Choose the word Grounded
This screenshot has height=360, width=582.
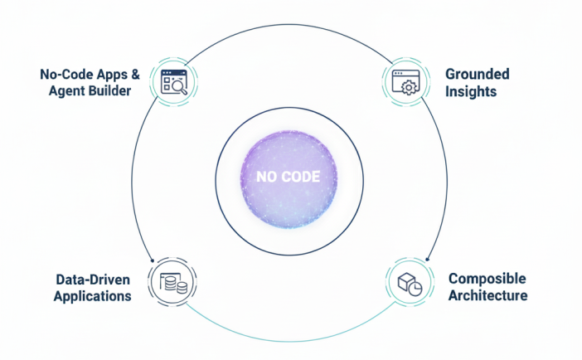[478, 75]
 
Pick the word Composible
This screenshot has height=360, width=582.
[487, 279]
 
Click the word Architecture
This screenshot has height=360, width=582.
[488, 295]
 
